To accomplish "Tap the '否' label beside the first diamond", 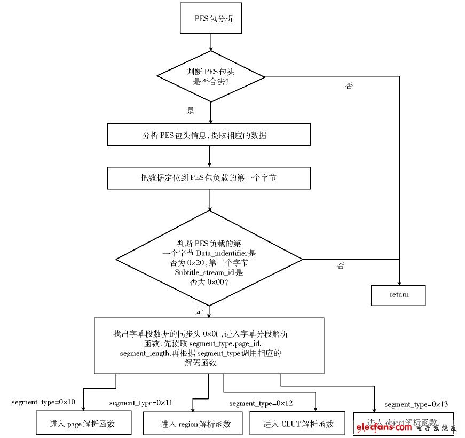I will point(349,86).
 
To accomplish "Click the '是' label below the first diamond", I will point(191,112).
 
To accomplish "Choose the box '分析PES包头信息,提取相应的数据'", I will point(209,135).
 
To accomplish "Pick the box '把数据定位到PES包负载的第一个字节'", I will point(209,178).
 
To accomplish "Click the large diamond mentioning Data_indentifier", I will point(209,260).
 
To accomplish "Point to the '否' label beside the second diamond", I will point(341,265).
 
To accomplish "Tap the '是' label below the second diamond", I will point(200,311).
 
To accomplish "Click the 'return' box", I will point(398,295).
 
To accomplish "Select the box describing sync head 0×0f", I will point(209,346).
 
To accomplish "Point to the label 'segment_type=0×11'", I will point(141,402).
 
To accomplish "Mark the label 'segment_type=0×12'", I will point(261,403).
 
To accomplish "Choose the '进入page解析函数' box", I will point(83,424).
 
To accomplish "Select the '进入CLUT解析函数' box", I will point(298,424).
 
